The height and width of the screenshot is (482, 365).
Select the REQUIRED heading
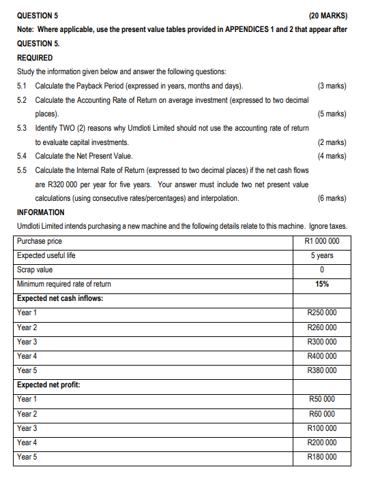(x=35, y=58)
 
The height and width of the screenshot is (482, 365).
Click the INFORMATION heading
(x=41, y=212)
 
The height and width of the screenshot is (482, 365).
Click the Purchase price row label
(x=40, y=241)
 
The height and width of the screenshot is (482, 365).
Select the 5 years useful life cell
(x=322, y=255)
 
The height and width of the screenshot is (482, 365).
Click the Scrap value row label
(x=35, y=270)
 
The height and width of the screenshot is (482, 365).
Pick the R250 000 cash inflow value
(x=322, y=313)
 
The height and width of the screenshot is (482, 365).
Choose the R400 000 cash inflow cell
(x=322, y=356)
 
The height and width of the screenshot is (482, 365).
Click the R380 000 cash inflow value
(x=322, y=370)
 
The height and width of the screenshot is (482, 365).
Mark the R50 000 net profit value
(x=322, y=399)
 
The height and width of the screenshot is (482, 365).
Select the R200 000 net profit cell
(x=322, y=442)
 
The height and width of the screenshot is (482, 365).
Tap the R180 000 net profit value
(x=322, y=457)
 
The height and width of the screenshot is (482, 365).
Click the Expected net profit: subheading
(x=48, y=385)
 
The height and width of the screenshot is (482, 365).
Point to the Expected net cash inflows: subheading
(x=60, y=298)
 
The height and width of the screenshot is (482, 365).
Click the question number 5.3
(x=22, y=128)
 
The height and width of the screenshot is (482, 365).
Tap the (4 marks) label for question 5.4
(x=332, y=156)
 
